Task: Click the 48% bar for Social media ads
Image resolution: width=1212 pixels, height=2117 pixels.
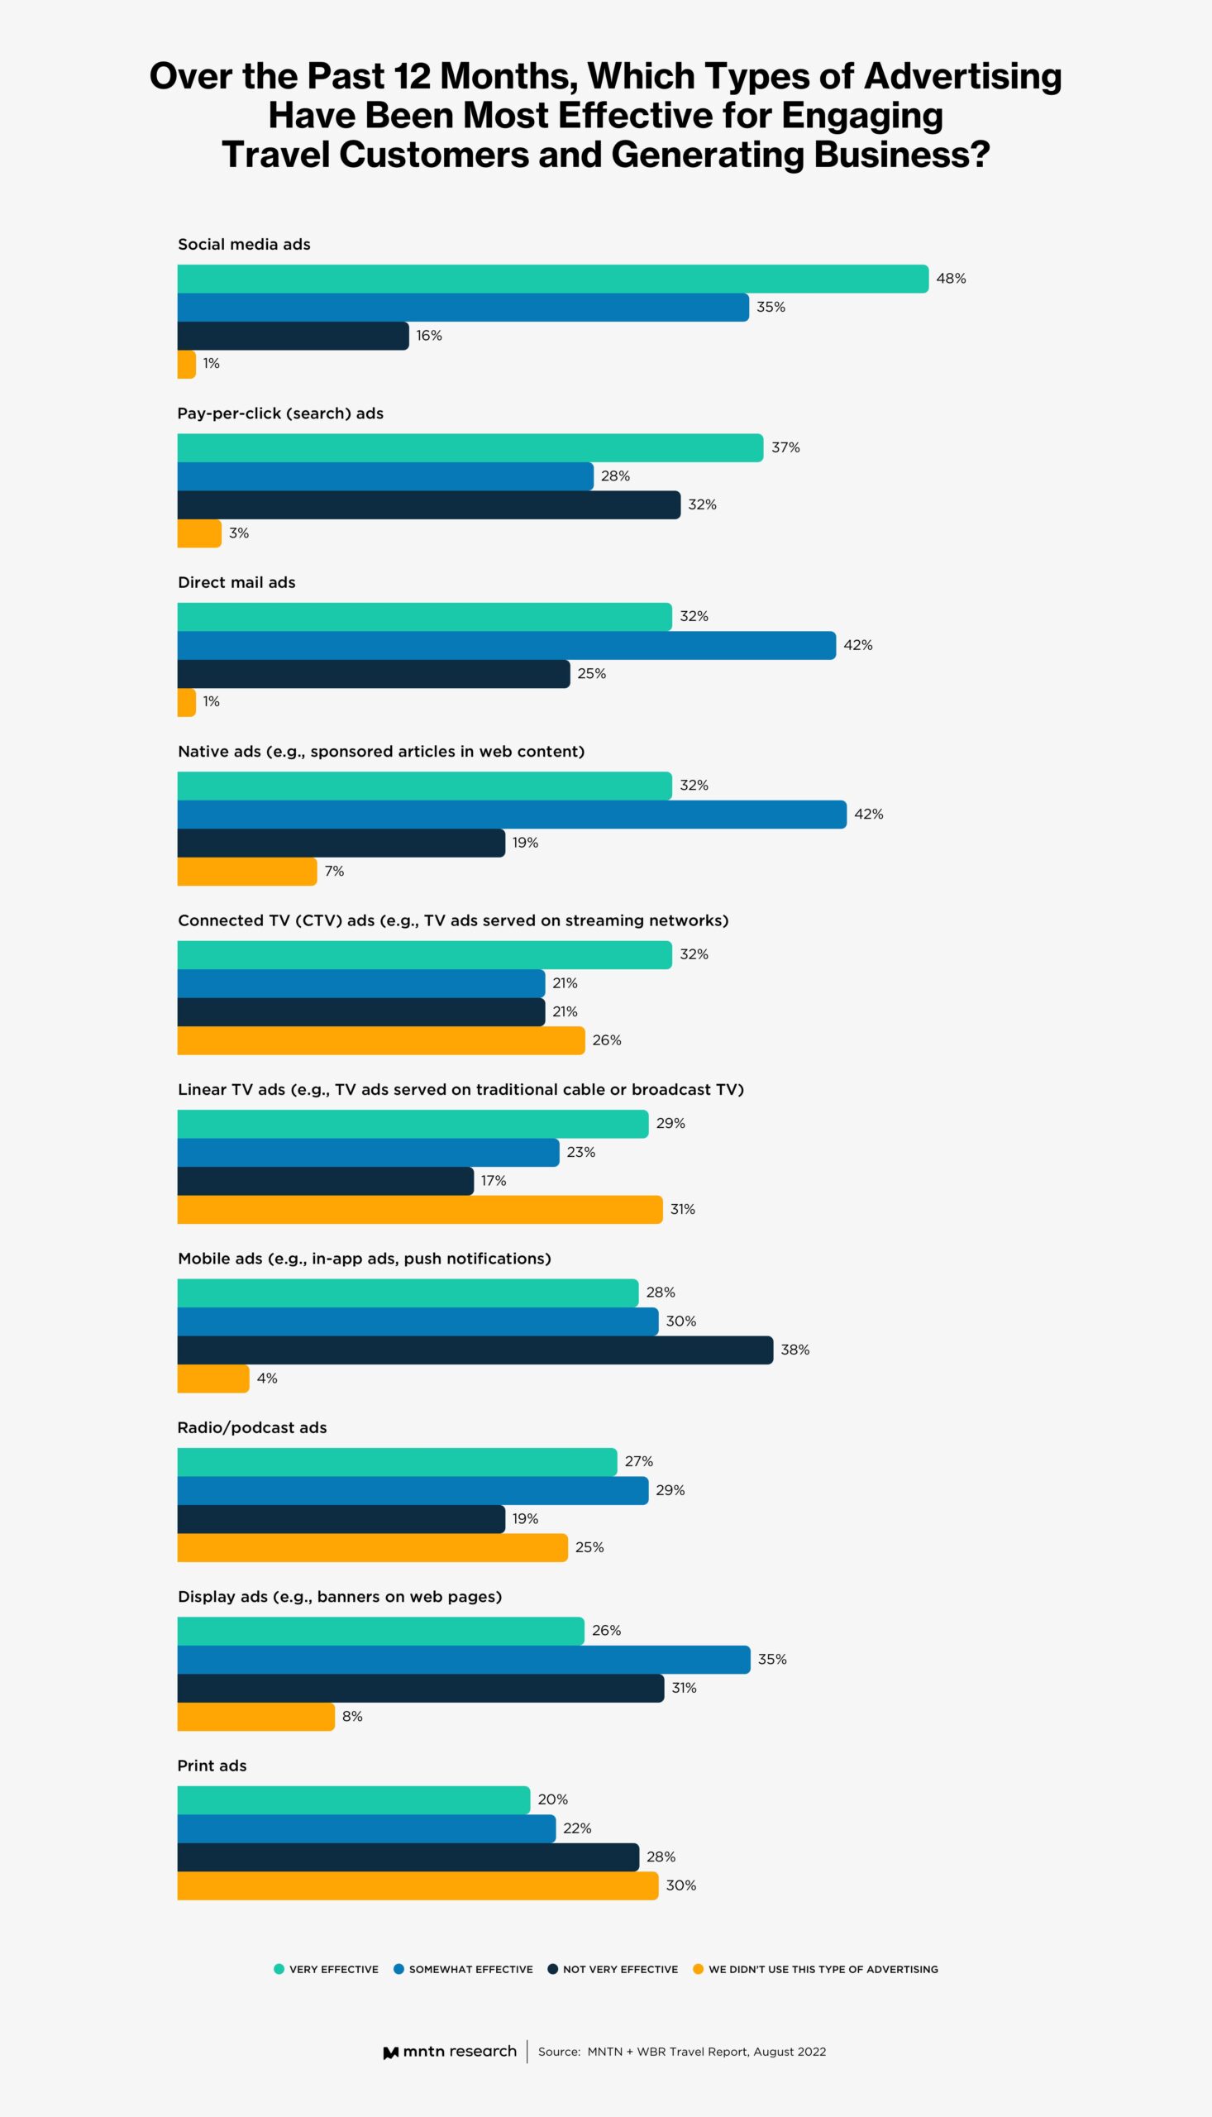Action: click(553, 279)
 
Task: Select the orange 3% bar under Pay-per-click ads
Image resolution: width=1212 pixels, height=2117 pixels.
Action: click(199, 533)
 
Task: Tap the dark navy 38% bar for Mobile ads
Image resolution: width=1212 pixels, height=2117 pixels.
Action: click(475, 1350)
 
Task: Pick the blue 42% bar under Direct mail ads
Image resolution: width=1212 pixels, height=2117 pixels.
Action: click(506, 645)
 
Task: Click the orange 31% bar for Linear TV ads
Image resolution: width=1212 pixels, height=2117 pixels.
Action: click(419, 1210)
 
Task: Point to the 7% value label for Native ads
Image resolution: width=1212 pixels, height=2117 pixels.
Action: click(334, 872)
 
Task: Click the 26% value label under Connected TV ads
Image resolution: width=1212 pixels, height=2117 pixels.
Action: click(606, 1040)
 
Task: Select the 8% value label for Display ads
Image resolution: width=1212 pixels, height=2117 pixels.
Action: click(352, 1717)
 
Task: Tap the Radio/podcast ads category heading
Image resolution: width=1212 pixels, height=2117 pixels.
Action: click(251, 1427)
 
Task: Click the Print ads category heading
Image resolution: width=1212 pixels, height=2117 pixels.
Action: click(212, 1766)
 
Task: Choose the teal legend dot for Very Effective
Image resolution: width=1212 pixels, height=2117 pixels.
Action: click(279, 1969)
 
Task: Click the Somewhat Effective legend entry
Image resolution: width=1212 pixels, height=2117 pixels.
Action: click(470, 1970)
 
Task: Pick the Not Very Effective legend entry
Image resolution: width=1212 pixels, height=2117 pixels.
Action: click(619, 1970)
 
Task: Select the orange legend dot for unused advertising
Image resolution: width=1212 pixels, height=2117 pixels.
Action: click(699, 1969)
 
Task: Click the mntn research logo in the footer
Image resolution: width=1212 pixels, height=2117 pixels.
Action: click(450, 2051)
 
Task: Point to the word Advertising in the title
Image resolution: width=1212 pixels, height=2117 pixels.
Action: click(962, 77)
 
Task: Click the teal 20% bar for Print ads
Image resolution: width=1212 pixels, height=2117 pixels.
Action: click(353, 1799)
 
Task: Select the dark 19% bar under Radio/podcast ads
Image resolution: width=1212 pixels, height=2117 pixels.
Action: click(341, 1519)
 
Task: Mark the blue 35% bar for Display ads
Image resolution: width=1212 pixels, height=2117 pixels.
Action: click(463, 1660)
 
